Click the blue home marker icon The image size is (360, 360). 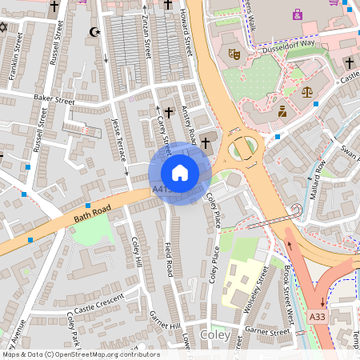(x=180, y=173)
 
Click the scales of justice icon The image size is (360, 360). (x=307, y=93)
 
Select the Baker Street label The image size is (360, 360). (x=54, y=99)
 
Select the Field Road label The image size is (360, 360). (x=168, y=259)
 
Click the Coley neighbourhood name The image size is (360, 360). (x=215, y=334)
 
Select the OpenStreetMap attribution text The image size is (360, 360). (x=80, y=354)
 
